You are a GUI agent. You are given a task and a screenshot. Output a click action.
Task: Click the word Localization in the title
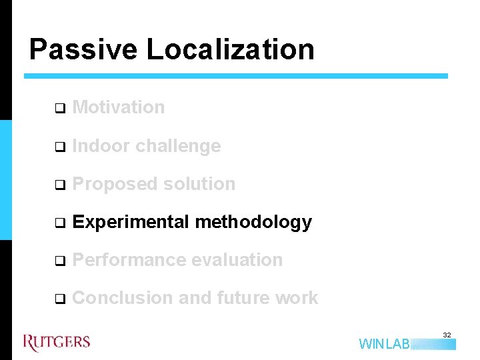point(230,49)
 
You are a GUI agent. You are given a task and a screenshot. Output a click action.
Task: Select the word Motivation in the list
point(119,107)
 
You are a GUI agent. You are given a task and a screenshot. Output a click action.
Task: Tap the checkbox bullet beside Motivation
point(59,108)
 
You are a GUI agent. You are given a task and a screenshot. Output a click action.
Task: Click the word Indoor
point(101,146)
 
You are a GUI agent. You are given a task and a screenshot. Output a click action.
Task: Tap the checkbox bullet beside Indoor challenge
point(59,147)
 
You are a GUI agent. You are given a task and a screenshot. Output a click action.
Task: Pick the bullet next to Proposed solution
point(59,185)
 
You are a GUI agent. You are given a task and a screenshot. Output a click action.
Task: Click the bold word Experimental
point(131,222)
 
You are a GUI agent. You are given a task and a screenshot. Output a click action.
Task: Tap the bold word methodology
point(253,222)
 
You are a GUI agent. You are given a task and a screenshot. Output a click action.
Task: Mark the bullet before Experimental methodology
point(59,223)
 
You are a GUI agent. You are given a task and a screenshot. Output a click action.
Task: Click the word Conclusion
point(123,298)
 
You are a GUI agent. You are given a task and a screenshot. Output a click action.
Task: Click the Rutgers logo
point(57,343)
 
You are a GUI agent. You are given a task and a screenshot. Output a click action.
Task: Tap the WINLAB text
point(385,344)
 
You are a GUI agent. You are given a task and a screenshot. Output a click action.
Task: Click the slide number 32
point(447,334)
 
